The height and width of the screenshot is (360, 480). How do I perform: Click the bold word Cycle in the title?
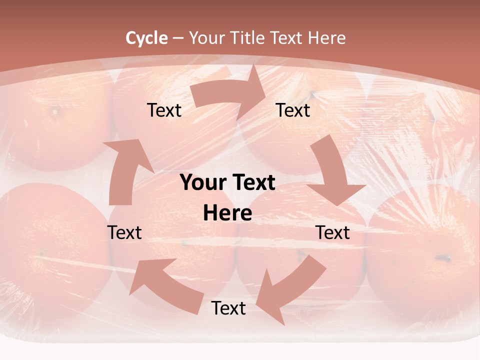[x=146, y=38]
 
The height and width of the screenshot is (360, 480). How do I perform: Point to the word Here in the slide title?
[x=326, y=38]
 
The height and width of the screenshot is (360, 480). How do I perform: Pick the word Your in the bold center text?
[x=203, y=183]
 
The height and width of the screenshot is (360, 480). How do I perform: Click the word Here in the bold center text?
[x=227, y=213]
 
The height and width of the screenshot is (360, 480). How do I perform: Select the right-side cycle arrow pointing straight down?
[x=332, y=175]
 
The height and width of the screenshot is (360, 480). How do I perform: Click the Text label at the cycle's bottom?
[x=228, y=308]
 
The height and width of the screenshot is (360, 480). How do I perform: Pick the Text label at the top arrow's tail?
[x=164, y=110]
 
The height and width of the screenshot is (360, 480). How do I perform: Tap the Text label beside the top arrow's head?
[x=292, y=110]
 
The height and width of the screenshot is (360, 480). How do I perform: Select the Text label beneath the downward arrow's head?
[x=332, y=232]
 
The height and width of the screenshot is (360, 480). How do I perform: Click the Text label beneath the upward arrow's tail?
[x=124, y=232]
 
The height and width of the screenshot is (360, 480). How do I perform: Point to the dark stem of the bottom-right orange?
[x=443, y=258]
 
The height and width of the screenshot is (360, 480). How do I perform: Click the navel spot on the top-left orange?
[x=54, y=110]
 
